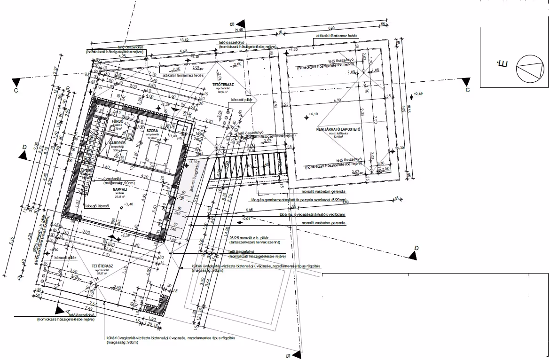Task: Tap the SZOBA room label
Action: coord(151,130)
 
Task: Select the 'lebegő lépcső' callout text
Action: coord(97,206)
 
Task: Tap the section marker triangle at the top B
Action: coord(241,23)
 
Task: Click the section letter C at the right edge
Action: coord(468,89)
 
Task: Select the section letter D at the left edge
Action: coord(24,147)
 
